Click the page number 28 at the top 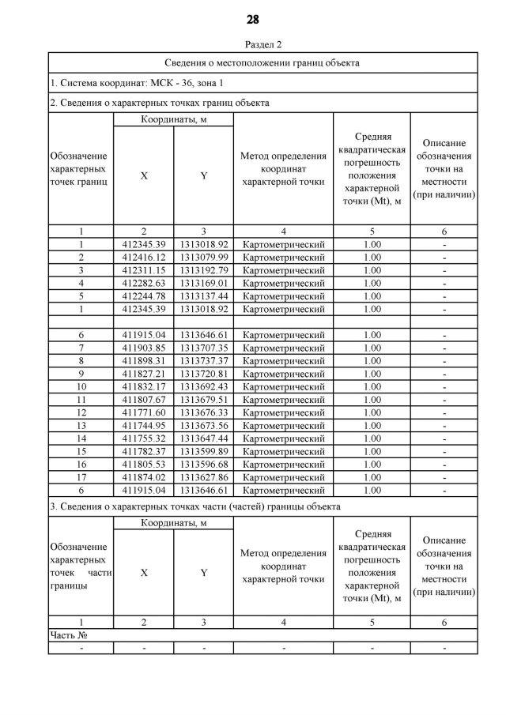coord(252,20)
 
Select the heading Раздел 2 coord(252,45)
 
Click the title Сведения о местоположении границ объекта coord(262,62)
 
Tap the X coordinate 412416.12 coord(143,258)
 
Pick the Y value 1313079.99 coord(203,258)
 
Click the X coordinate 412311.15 coord(143,270)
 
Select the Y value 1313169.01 coord(203,283)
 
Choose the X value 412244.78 coord(143,296)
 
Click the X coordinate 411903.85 coord(143,348)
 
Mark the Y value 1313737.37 coord(203,361)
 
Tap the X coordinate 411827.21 coord(143,374)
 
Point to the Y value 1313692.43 coord(203,386)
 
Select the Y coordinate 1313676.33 coord(203,412)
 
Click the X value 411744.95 coord(143,425)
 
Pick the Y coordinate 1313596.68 coord(203,464)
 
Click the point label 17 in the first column coord(81,477)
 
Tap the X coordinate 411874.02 coord(143,477)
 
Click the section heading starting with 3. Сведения coord(195,506)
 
